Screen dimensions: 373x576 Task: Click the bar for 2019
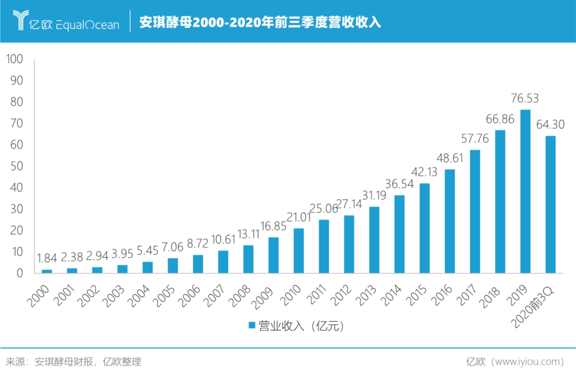pyautogui.click(x=525, y=191)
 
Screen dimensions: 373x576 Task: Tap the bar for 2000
pyautogui.click(x=47, y=271)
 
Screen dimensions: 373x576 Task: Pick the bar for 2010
pyautogui.click(x=299, y=250)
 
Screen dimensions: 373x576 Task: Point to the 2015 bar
pyautogui.click(x=425, y=228)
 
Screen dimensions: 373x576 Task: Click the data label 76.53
pyautogui.click(x=525, y=99)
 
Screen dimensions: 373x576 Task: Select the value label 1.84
pyautogui.click(x=47, y=258)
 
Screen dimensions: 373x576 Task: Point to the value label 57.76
pyautogui.click(x=475, y=139)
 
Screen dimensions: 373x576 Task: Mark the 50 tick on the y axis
pyautogui.click(x=17, y=166)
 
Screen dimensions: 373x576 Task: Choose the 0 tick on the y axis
pyautogui.click(x=20, y=273)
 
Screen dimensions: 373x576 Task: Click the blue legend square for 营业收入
pyautogui.click(x=250, y=325)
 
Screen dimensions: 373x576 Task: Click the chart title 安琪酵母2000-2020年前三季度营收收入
pyautogui.click(x=260, y=23)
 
